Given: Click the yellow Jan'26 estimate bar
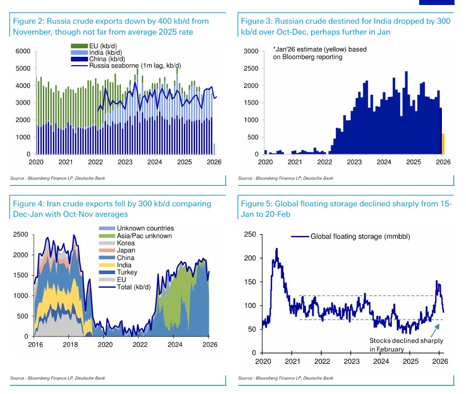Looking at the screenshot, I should click(443, 144).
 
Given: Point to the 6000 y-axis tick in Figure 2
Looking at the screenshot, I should click(23, 51).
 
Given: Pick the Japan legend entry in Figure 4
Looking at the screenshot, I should click(126, 250).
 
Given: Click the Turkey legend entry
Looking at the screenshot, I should click(127, 272).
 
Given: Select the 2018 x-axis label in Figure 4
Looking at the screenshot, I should click(70, 344).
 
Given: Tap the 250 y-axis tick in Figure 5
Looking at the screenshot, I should click(249, 235).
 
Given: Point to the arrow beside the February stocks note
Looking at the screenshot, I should click(435, 329).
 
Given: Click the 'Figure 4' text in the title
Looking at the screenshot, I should click(29, 204).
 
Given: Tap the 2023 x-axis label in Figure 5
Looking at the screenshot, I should click(351, 361).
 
